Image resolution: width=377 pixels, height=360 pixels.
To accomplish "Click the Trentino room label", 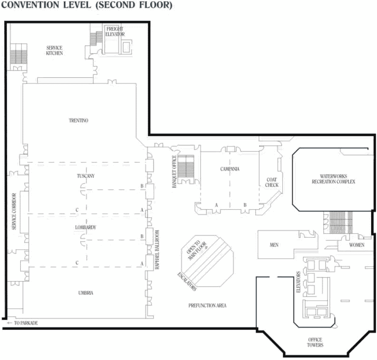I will [x=79, y=121].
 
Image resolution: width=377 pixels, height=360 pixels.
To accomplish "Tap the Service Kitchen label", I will [x=54, y=51].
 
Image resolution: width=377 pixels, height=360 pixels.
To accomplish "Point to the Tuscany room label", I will [x=86, y=176].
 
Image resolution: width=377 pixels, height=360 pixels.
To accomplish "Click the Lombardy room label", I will [x=86, y=228].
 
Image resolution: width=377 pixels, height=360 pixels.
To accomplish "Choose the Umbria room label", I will [x=86, y=293].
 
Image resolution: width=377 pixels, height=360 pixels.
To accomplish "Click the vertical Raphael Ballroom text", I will [x=157, y=250].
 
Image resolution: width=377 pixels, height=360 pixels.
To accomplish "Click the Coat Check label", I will [x=272, y=182].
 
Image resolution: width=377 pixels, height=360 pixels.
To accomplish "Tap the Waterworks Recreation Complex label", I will [x=333, y=179].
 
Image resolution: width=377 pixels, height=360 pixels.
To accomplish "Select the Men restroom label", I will [x=274, y=245].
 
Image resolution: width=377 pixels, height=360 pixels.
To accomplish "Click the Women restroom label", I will [x=357, y=245].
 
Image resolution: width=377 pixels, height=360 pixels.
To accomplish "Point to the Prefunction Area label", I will [x=207, y=306].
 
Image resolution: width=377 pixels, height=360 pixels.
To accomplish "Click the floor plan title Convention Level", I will [x=88, y=6].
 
